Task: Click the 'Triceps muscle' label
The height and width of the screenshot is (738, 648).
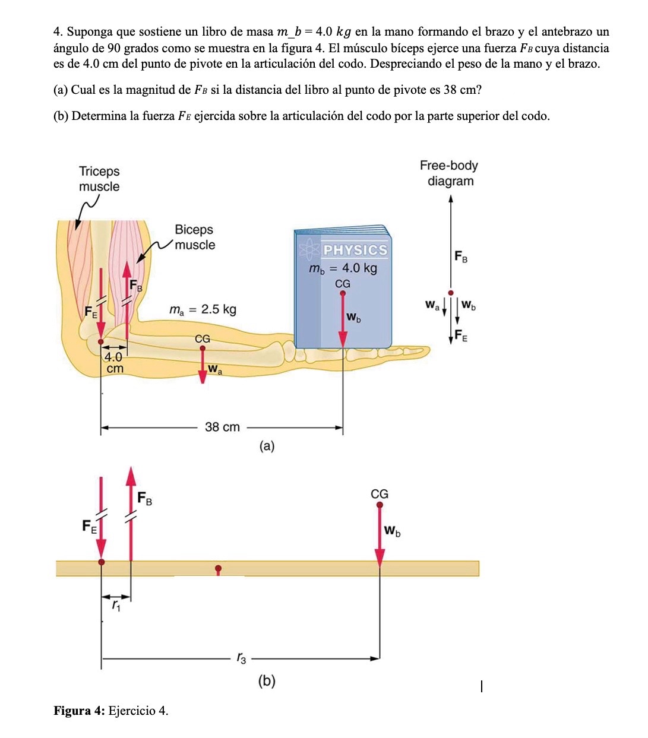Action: click(99, 179)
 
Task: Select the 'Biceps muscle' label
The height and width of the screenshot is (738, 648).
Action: click(194, 237)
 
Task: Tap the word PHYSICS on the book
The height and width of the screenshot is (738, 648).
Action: click(355, 250)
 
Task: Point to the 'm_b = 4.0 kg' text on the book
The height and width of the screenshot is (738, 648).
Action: click(343, 268)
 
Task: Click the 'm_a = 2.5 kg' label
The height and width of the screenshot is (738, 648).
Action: click(203, 309)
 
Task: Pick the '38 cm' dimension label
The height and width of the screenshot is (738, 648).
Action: click(222, 427)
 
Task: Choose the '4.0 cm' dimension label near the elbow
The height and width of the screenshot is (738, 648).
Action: click(114, 362)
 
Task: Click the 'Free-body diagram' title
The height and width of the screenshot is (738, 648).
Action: click(449, 173)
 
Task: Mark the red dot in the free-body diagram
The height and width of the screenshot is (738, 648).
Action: click(451, 293)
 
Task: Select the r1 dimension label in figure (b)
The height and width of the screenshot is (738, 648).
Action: click(116, 606)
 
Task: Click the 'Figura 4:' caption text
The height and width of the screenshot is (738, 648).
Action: click(80, 711)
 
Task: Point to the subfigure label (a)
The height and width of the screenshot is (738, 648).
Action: click(267, 446)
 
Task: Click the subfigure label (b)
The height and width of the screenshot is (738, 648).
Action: click(267, 680)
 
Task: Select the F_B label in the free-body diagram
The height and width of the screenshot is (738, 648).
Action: click(461, 256)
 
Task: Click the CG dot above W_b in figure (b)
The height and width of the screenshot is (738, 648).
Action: click(380, 505)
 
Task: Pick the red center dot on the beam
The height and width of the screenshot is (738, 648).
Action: click(218, 568)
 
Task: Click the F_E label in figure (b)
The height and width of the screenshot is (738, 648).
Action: click(89, 525)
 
